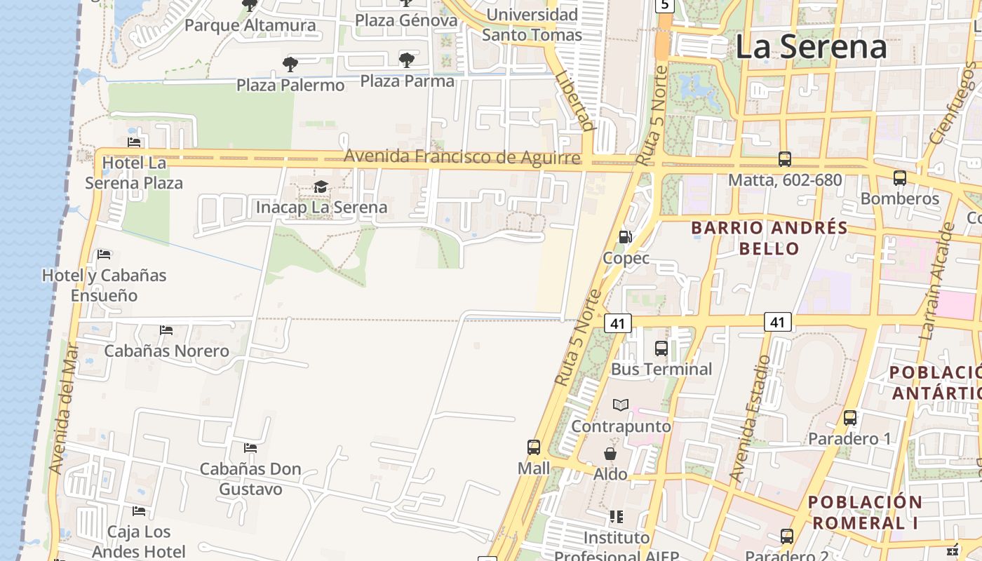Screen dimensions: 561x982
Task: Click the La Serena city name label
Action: (811, 47)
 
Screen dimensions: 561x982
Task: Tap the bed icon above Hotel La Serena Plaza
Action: (134, 142)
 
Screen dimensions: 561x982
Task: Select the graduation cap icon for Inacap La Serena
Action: (321, 187)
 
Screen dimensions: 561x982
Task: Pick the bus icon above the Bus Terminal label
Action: (661, 348)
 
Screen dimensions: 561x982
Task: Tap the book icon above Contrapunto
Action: (621, 405)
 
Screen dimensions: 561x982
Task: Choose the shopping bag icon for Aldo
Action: (610, 454)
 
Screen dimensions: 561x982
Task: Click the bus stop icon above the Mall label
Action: (534, 447)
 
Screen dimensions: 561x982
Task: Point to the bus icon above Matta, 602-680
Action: (784, 159)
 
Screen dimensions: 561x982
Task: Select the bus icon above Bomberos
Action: (899, 178)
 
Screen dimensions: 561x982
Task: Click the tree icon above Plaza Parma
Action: (407, 60)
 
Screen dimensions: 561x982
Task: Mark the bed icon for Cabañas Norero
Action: (166, 330)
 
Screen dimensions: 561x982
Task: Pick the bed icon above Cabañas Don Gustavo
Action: (250, 447)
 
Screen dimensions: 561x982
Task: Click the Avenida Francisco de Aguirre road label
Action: (462, 156)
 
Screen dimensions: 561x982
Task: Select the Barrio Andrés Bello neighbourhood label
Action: (769, 238)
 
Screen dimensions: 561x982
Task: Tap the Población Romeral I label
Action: (864, 512)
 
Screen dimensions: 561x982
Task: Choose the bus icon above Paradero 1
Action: (850, 418)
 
